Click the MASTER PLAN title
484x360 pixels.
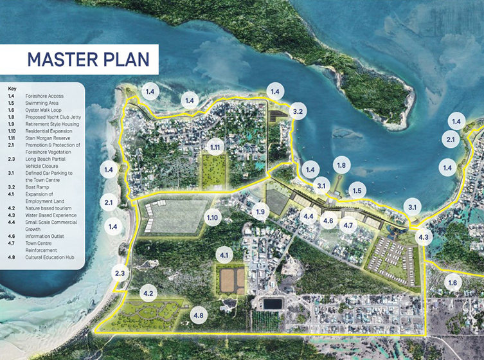89,59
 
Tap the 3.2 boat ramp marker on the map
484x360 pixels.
298,111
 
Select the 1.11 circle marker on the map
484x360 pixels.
215,148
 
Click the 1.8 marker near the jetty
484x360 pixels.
341,165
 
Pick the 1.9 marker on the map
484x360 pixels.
260,212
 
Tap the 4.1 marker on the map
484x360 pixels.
224,255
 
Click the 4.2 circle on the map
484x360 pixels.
148,294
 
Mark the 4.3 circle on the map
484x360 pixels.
423,237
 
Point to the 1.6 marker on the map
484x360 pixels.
453,283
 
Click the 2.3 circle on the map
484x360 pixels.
120,273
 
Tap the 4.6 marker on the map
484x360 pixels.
328,221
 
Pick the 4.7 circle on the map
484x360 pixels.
348,225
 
